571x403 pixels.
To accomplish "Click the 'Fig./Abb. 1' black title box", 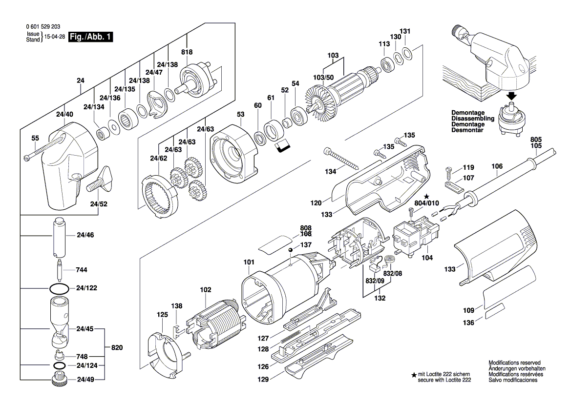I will [91, 37].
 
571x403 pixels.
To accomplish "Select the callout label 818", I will [187, 52].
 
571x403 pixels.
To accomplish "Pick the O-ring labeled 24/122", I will [59, 288].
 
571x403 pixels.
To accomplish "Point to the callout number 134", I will [331, 171].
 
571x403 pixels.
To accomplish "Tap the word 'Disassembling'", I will [473, 119].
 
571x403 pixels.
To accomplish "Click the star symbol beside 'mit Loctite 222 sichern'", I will [414, 375].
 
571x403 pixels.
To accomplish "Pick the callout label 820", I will [117, 348].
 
